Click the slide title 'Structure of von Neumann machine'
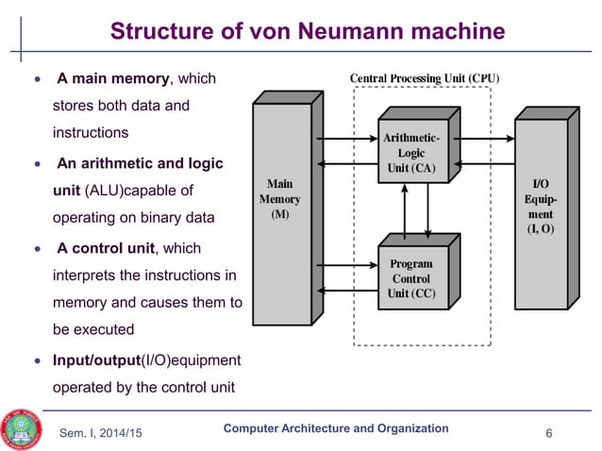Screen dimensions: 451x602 click(x=308, y=32)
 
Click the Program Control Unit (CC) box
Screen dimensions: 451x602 click(x=410, y=278)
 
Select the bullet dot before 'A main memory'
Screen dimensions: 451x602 click(x=37, y=79)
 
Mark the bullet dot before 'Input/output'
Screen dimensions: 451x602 click(x=37, y=360)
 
